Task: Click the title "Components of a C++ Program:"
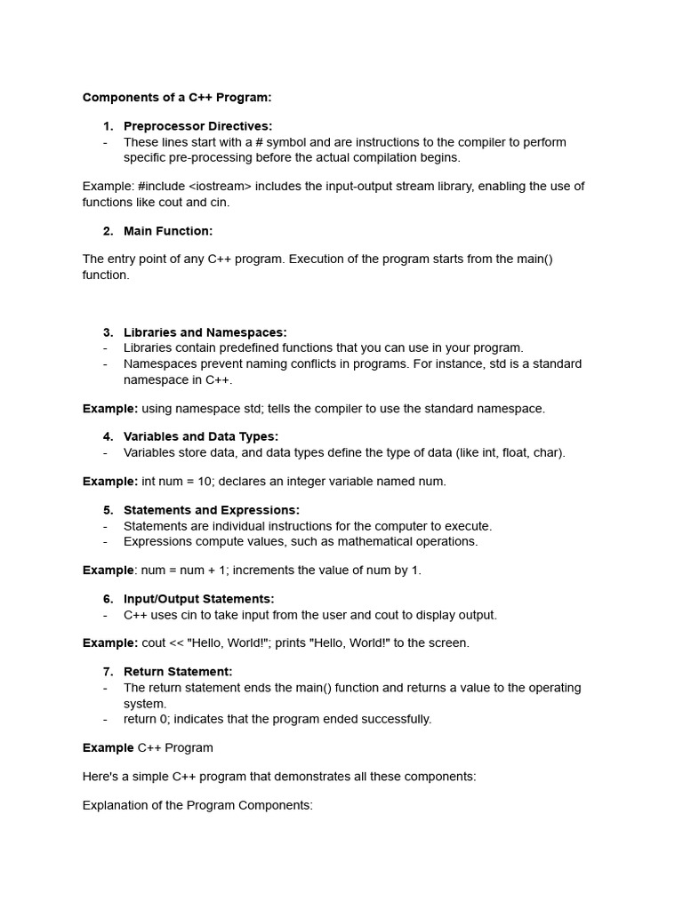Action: (x=177, y=98)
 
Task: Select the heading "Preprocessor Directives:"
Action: (x=197, y=126)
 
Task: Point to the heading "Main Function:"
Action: (x=168, y=231)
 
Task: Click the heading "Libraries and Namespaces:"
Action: (x=205, y=332)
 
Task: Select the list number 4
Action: (x=108, y=436)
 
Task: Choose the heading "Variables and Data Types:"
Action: (x=201, y=436)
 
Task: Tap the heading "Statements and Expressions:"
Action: (x=212, y=510)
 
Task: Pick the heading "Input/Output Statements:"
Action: (x=198, y=599)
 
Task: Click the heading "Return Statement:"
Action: (x=178, y=672)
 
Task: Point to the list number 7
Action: (x=108, y=672)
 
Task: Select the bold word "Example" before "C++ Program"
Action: (x=108, y=747)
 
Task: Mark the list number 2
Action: (x=108, y=231)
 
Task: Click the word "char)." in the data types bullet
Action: (x=548, y=452)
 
